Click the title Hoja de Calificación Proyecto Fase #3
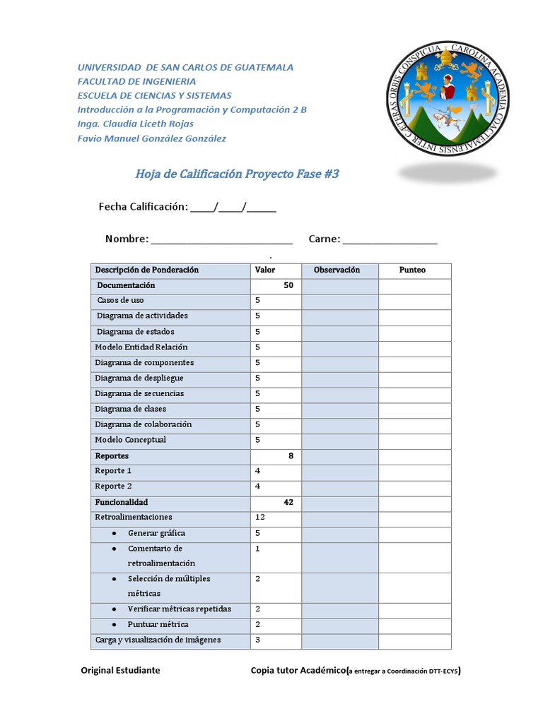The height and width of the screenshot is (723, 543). pyautogui.click(x=237, y=174)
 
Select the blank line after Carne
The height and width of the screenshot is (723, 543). pyautogui.click(x=390, y=240)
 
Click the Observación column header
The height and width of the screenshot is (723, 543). pyautogui.click(x=337, y=270)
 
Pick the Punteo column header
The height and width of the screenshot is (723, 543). pyautogui.click(x=412, y=270)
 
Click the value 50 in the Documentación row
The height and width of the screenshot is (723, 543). pyautogui.click(x=288, y=285)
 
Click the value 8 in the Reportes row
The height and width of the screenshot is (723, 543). pyautogui.click(x=291, y=456)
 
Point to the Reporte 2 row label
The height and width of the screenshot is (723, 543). pyautogui.click(x=113, y=486)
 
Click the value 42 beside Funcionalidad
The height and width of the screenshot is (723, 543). pyautogui.click(x=288, y=503)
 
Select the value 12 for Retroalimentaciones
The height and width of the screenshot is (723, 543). pyautogui.click(x=259, y=518)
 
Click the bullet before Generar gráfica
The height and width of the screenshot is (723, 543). pyautogui.click(x=115, y=534)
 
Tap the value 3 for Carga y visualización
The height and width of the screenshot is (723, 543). pyautogui.click(x=257, y=640)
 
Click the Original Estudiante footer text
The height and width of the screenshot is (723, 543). pyautogui.click(x=120, y=670)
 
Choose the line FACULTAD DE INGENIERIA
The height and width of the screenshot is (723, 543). pyautogui.click(x=139, y=81)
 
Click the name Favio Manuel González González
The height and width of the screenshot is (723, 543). pyautogui.click(x=151, y=138)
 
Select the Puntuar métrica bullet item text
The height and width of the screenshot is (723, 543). pyautogui.click(x=158, y=625)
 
